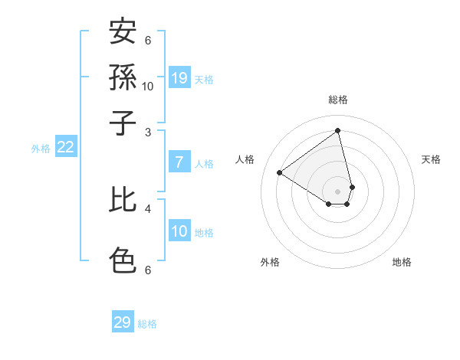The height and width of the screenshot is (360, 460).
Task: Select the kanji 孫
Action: [x=123, y=77]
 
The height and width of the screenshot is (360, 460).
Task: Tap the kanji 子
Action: [x=123, y=123]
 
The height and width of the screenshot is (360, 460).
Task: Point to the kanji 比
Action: [x=123, y=201]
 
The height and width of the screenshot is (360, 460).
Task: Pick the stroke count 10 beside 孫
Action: [x=148, y=87]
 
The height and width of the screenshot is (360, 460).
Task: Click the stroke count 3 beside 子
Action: [x=148, y=133]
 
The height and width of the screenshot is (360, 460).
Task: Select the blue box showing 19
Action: [x=179, y=77]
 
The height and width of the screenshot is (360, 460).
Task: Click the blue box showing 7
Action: [x=179, y=162]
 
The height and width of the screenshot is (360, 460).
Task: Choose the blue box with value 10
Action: [x=179, y=231]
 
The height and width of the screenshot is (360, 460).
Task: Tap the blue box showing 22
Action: [x=65, y=148]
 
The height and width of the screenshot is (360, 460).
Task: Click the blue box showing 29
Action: [x=123, y=322]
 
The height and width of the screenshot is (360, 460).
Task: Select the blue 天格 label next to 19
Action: [x=204, y=79]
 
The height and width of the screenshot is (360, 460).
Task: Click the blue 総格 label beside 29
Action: [x=147, y=324]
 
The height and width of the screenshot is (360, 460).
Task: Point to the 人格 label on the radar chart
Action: [x=245, y=159]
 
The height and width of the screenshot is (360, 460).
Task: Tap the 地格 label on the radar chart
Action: [x=402, y=262]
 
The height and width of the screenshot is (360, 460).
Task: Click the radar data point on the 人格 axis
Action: [x=280, y=172]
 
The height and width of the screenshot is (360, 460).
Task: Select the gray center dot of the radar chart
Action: [x=338, y=191]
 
